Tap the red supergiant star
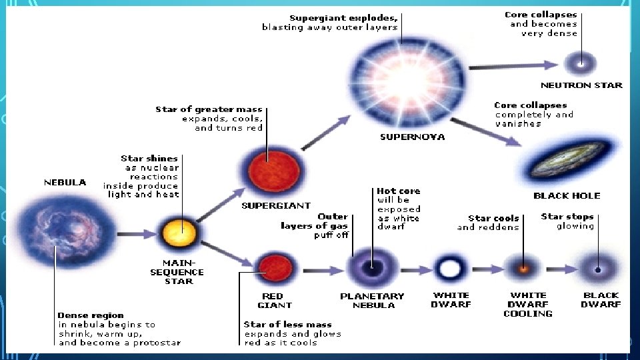pos(267,170)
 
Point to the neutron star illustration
pos(581,65)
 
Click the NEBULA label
pos(65,182)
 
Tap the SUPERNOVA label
pos(412,137)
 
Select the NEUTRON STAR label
pos(581,85)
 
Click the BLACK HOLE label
pos(567,195)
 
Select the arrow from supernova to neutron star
pos(513,65)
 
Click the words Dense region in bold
pos(91,315)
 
